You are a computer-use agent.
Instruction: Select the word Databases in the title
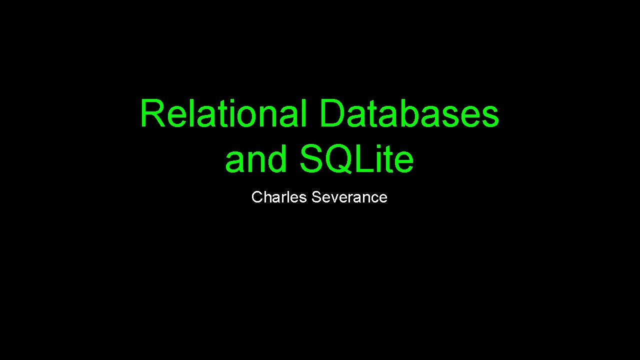click(408, 113)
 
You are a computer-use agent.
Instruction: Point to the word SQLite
click(356, 159)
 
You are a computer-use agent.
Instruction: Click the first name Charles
click(279, 197)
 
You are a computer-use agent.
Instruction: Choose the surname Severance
click(349, 197)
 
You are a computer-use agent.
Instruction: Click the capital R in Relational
click(150, 113)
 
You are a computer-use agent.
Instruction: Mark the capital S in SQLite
click(313, 159)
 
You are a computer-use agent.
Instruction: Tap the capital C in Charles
click(257, 197)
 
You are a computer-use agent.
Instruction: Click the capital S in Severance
click(316, 197)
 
